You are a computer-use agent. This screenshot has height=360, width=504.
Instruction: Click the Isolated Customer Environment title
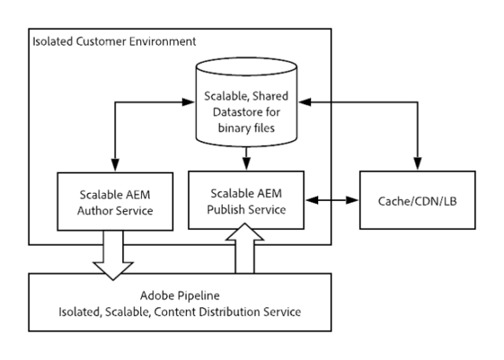pos(113,40)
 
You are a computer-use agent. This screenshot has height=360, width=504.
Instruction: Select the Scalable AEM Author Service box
pos(116,202)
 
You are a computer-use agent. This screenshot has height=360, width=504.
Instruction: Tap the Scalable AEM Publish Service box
pos(248,201)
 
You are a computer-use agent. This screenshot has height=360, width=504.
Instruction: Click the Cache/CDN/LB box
pos(417,200)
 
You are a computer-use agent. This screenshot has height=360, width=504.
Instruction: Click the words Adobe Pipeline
pos(180,297)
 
